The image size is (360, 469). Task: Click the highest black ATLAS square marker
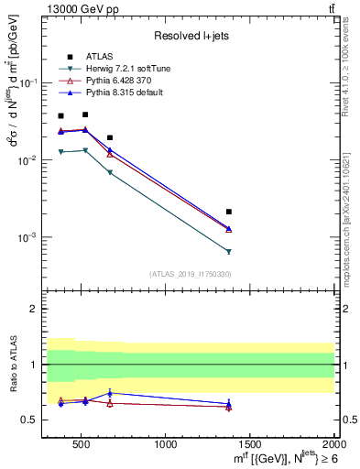(x=85, y=115)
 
